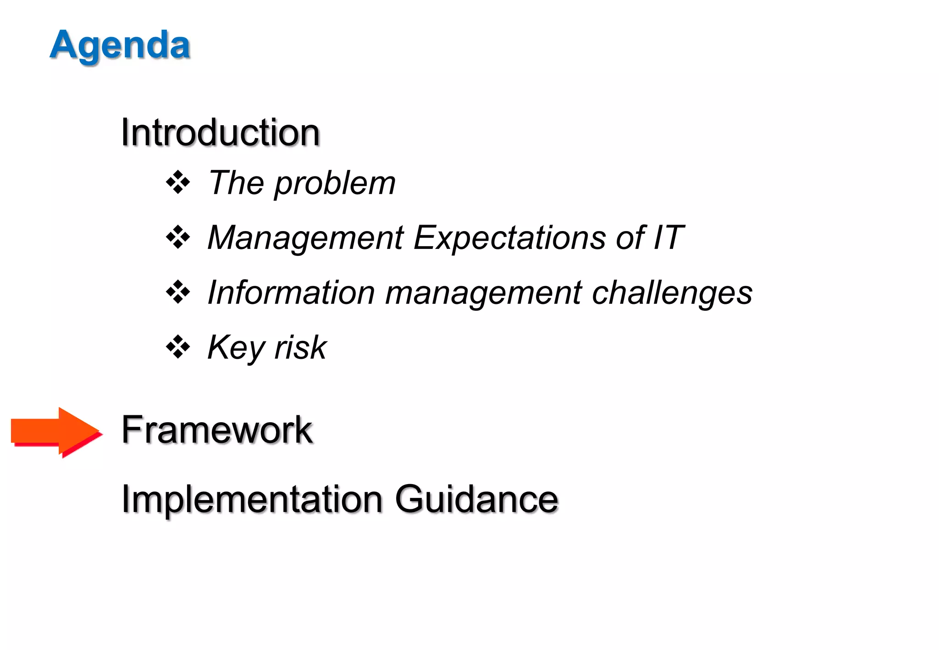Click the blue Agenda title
[x=120, y=45]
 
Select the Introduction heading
[x=220, y=132]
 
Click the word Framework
[x=216, y=430]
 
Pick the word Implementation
[x=252, y=499]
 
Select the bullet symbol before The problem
[x=178, y=183]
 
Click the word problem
[x=335, y=183]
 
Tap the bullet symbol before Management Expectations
[x=178, y=237]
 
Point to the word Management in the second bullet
[x=305, y=238]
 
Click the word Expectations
[x=509, y=238]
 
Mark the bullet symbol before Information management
[x=178, y=292]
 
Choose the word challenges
[x=672, y=293]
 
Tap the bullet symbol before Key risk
[x=178, y=347]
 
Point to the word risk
[x=300, y=347]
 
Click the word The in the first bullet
[x=236, y=183]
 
